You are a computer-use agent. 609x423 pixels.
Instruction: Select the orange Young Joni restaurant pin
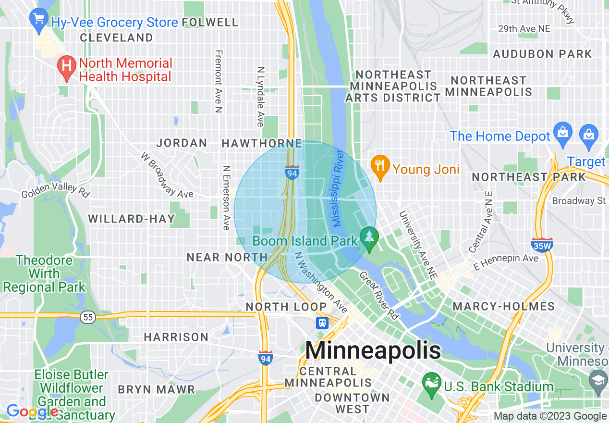coord(380,167)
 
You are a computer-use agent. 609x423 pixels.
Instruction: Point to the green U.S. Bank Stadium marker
coord(431,385)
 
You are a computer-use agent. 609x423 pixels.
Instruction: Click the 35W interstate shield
coord(542,245)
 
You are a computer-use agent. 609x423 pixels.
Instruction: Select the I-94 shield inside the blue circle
coord(292,173)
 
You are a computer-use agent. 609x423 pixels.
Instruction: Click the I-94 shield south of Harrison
coord(266,358)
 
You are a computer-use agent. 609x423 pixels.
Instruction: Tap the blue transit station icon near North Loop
coord(322,323)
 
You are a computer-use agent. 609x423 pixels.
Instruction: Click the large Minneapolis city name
coord(373,350)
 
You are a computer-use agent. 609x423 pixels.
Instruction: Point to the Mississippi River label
coord(338,187)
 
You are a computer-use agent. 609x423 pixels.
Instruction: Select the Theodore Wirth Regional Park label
coord(44,274)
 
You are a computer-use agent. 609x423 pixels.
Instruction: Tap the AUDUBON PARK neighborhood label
coord(542,54)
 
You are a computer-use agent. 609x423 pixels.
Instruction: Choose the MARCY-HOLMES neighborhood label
coord(503,306)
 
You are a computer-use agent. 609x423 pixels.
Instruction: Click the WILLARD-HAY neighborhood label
coord(132,219)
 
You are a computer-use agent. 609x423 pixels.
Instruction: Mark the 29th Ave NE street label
coord(524,29)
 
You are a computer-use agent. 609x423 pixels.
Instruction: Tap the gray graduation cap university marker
coord(598,379)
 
